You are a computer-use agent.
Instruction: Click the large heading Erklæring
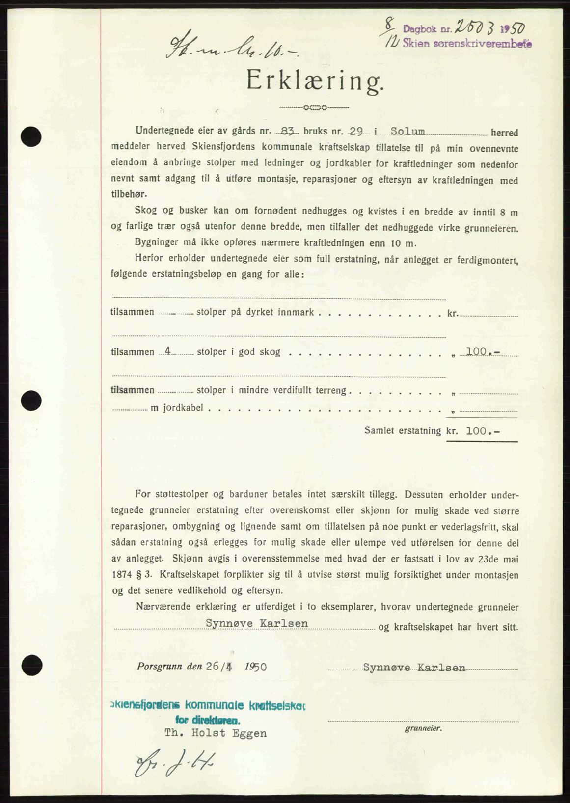315,81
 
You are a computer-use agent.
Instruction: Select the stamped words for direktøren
208,721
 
